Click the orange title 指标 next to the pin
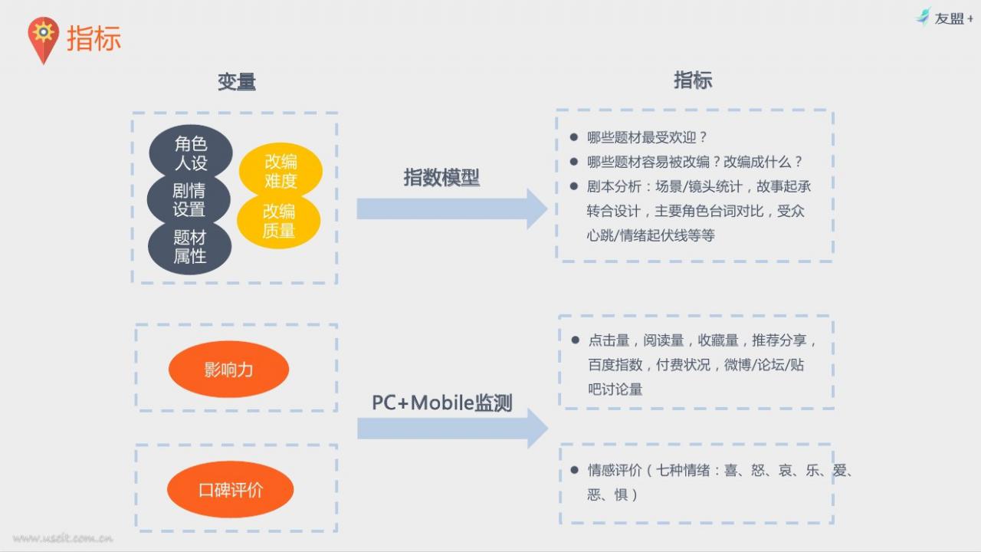[x=94, y=38]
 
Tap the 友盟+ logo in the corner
[x=943, y=18]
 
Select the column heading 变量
[x=237, y=82]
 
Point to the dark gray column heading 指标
[x=693, y=80]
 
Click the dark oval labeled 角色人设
[x=191, y=153]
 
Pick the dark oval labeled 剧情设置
[x=189, y=200]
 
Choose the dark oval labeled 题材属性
[x=189, y=247]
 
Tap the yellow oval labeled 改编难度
[x=281, y=171]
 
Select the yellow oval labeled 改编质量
[x=279, y=221]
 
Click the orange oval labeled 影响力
[x=228, y=370]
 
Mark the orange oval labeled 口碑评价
[x=231, y=489]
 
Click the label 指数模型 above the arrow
[x=441, y=177]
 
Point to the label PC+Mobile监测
[x=442, y=402]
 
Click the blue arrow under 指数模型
[x=452, y=209]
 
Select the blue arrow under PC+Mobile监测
[x=453, y=429]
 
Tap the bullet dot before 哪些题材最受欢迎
[x=574, y=137]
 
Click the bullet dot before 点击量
[x=576, y=340]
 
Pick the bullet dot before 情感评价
[x=575, y=470]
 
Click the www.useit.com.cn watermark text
[x=63, y=538]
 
